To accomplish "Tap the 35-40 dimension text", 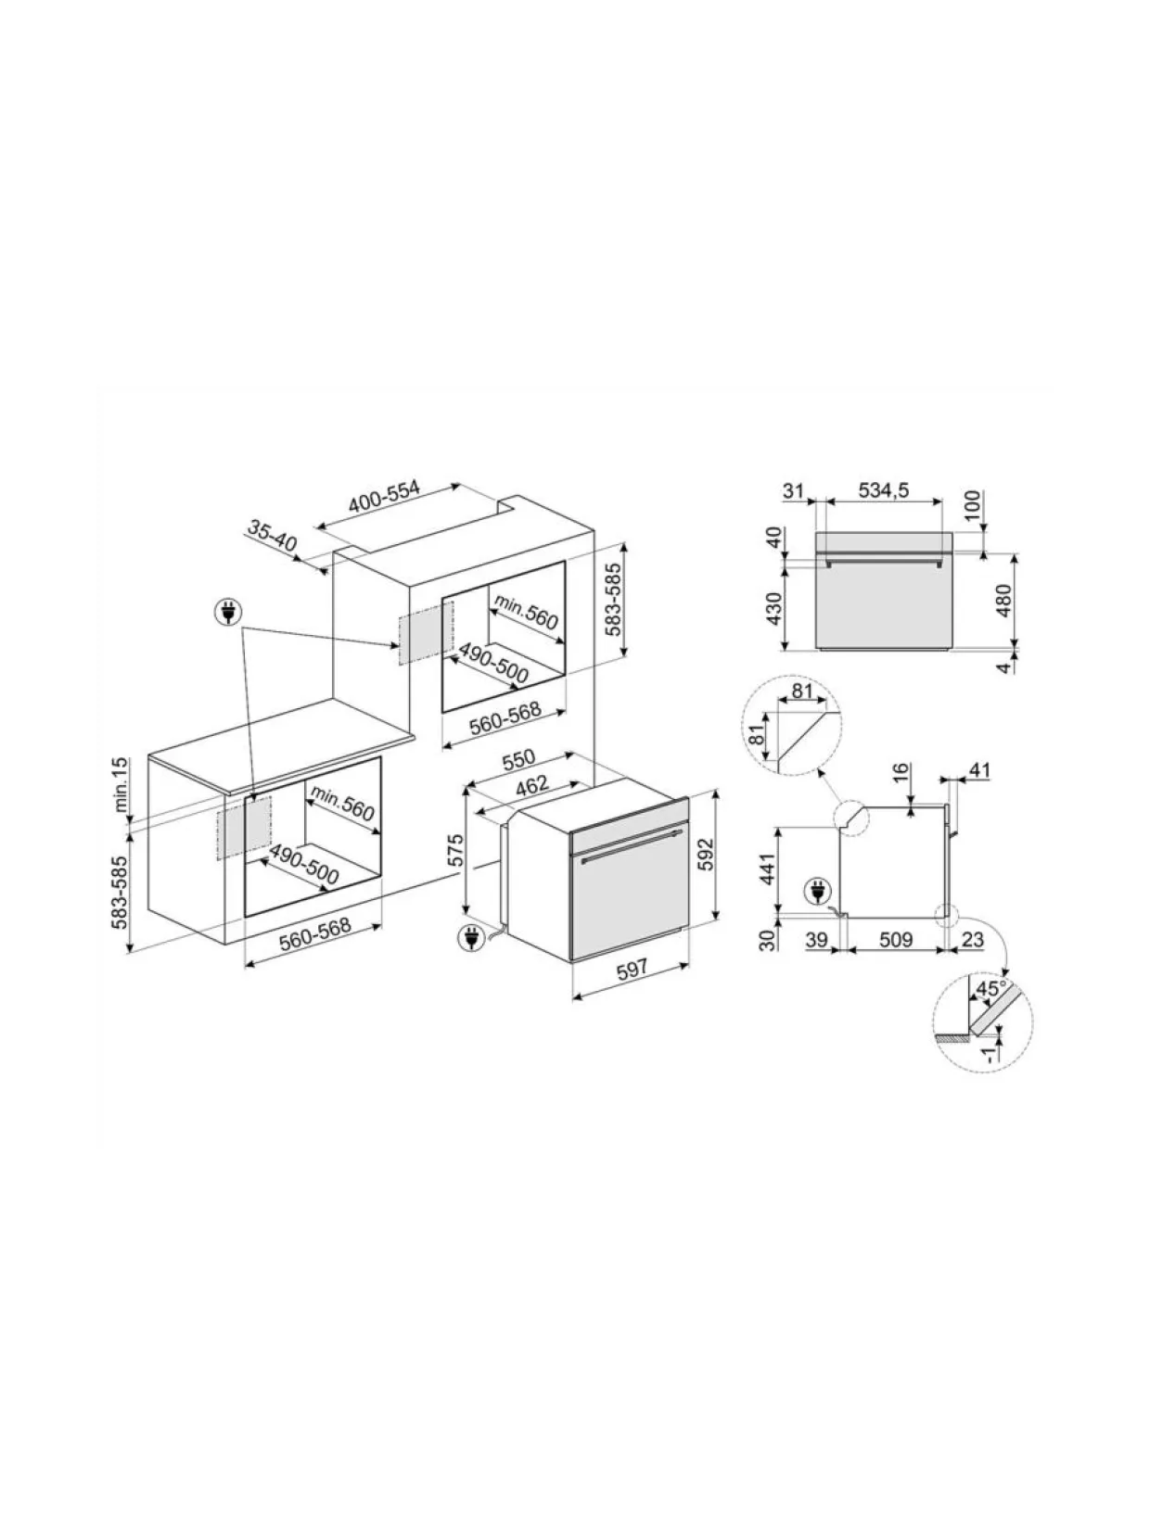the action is tap(272, 535).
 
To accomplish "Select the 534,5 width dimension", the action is tap(883, 490).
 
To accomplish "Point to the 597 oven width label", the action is tap(631, 970).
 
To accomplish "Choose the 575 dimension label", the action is tap(455, 849).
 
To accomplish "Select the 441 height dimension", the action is tap(769, 869).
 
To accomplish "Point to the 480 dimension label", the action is tap(1003, 600).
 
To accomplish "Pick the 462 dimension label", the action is tap(532, 785).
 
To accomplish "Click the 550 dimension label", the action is tap(518, 759).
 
